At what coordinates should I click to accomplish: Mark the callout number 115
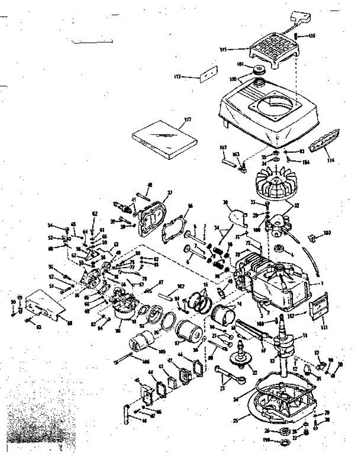tap(223, 49)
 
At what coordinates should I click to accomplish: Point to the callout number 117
tap(187, 119)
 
